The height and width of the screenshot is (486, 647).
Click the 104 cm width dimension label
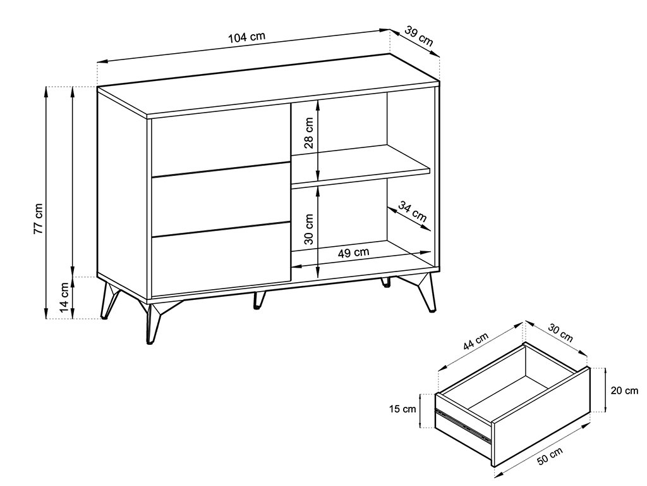point(247,37)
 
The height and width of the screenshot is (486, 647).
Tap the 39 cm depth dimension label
point(419,36)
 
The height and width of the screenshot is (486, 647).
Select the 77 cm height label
point(38,219)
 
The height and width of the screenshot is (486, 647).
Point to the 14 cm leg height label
point(64,297)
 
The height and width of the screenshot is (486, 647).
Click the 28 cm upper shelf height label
point(308,133)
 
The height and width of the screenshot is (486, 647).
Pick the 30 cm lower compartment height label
point(308,229)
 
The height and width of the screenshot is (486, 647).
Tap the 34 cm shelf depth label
point(413,211)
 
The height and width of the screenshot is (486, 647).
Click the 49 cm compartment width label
point(354,252)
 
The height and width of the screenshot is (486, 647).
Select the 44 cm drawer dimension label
point(475,341)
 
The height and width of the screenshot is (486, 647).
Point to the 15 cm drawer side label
point(402,409)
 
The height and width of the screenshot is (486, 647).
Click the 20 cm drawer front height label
point(624,390)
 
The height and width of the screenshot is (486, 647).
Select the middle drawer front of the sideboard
point(221,200)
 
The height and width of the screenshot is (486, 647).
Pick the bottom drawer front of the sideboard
point(221,260)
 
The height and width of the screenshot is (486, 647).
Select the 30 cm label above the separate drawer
point(560,333)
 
